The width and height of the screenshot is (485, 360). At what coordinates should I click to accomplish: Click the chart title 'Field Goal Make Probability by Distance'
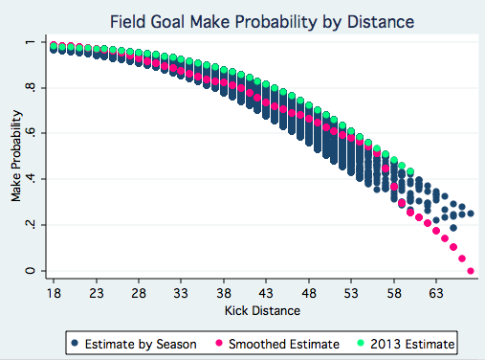262,22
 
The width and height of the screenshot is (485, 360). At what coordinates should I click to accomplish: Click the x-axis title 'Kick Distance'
262,310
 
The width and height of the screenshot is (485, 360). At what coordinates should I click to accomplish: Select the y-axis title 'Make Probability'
16,156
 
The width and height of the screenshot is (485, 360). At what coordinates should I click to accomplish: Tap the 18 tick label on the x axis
54,293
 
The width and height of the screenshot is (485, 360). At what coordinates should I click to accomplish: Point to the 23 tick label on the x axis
97,293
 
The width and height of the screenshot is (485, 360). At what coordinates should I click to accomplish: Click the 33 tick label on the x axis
181,293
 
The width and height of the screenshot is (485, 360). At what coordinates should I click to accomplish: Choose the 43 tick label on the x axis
266,293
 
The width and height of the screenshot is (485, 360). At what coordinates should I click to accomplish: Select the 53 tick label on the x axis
351,293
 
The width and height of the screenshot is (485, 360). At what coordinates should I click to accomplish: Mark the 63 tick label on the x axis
436,293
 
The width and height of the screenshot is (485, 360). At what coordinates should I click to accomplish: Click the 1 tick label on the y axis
30,42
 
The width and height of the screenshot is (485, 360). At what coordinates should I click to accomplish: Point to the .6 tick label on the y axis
30,133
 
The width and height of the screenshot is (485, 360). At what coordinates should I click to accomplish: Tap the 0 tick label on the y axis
30,271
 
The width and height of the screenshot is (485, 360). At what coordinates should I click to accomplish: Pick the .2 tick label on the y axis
30,225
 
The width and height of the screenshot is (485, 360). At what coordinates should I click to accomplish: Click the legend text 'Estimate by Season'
141,344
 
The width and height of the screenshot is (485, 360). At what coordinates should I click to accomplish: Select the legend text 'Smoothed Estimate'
284,344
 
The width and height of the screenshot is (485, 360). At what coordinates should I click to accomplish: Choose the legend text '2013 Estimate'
412,344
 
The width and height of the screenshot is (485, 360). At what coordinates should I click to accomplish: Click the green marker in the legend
361,343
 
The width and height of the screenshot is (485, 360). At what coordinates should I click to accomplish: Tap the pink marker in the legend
219,343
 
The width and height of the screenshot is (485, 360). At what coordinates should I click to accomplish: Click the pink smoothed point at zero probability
471,271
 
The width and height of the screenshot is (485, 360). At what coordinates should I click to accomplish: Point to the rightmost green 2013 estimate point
410,171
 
